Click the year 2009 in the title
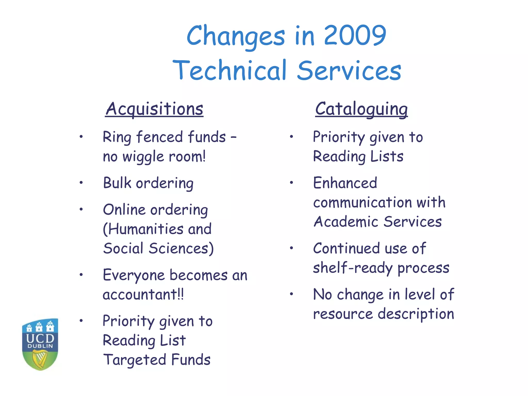click(355, 35)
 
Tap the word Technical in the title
click(229, 70)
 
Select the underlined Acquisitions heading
click(154, 109)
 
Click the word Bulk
click(117, 183)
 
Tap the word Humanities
click(143, 229)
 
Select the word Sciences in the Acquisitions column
click(181, 248)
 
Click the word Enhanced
click(345, 183)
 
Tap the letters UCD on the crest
click(40, 338)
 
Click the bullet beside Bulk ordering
click(81, 183)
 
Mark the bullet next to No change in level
click(291, 294)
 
